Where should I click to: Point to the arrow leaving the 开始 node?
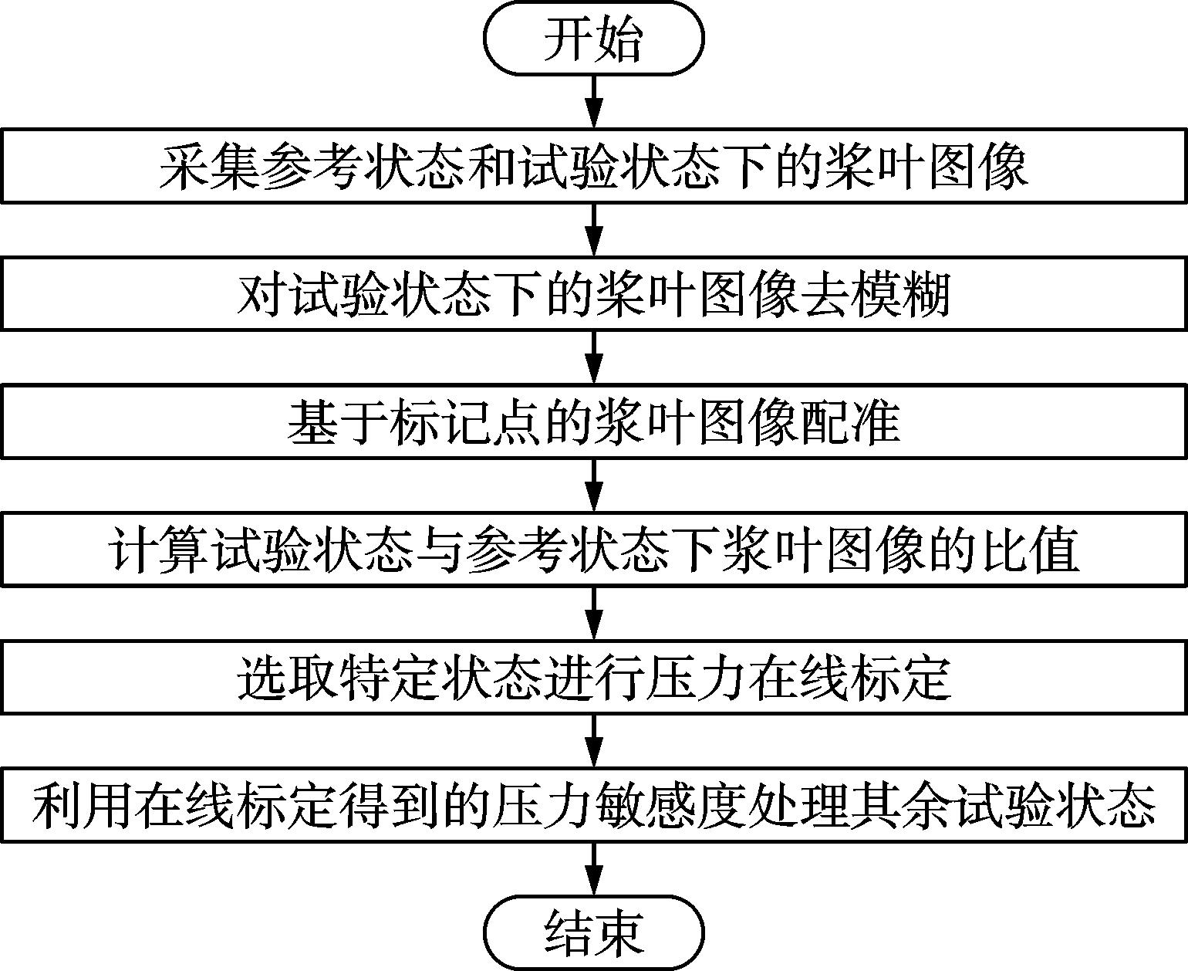[594, 102]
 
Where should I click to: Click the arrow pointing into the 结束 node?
[594, 869]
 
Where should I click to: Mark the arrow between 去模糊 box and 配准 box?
[594, 357]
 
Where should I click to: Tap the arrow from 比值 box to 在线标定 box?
[594, 613]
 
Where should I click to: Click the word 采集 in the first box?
[210, 167]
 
